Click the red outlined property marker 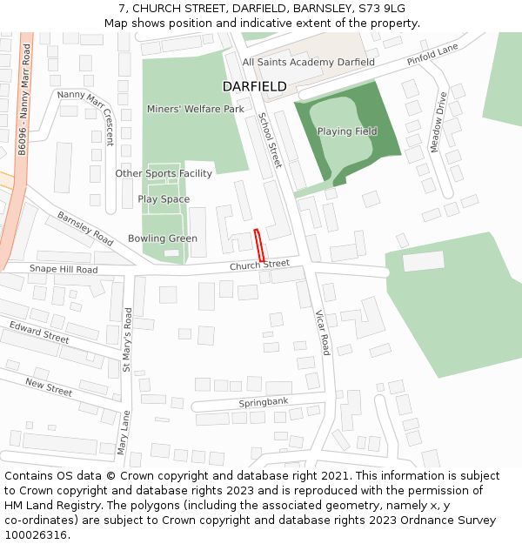click(x=258, y=245)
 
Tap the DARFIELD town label click(x=254, y=87)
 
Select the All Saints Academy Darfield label click(x=309, y=63)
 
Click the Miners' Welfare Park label click(x=195, y=110)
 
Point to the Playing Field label click(x=347, y=131)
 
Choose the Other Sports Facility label click(x=164, y=174)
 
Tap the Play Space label click(x=164, y=199)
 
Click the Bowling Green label click(x=163, y=238)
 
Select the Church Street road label click(x=259, y=265)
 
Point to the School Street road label click(x=271, y=140)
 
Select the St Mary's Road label click(x=127, y=339)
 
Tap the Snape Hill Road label click(x=63, y=270)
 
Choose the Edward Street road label click(x=39, y=332)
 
